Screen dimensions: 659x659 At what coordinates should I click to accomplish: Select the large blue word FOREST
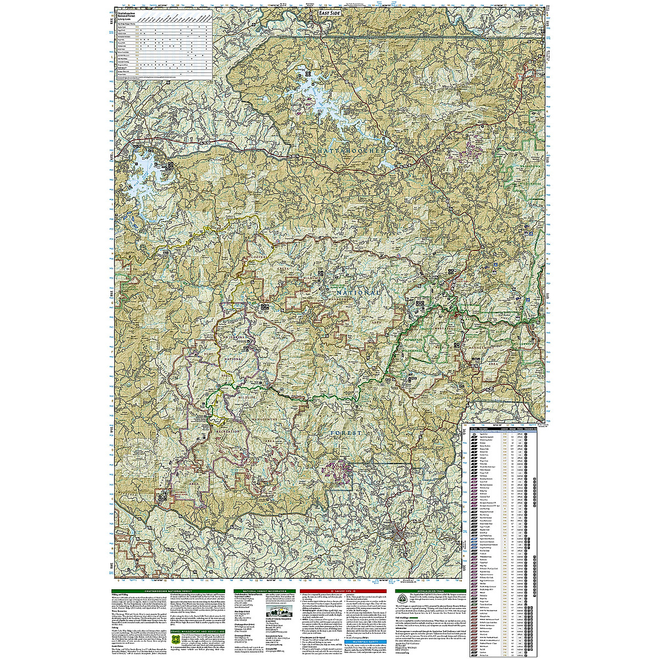346,433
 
